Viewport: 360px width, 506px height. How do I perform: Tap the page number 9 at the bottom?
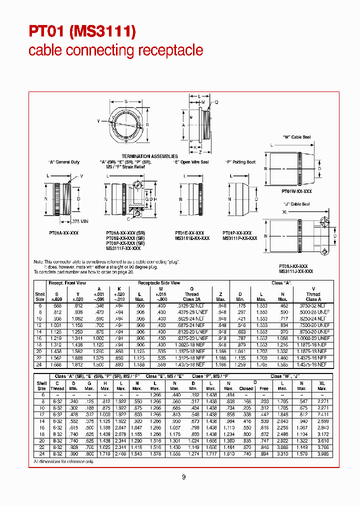183,477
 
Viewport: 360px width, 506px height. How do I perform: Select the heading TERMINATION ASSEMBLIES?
150,156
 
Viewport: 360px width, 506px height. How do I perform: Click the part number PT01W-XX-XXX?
296,191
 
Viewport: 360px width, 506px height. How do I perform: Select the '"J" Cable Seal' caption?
297,204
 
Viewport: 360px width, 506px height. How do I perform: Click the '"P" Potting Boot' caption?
240,162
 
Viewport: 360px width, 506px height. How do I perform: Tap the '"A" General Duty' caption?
64,162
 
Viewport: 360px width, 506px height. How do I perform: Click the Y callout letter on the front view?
98,121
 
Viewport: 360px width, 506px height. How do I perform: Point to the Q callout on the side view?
216,102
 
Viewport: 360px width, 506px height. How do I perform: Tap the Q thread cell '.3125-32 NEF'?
191,305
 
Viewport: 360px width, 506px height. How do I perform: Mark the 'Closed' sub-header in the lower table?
246,388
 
